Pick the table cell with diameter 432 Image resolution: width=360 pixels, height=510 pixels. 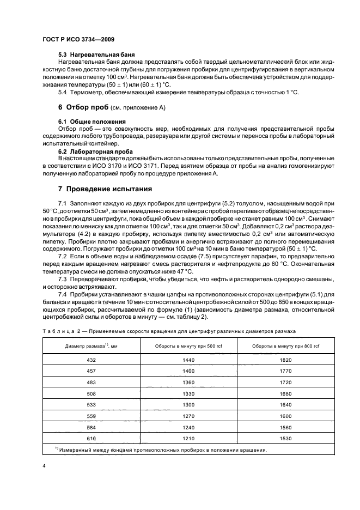(x=91, y=360)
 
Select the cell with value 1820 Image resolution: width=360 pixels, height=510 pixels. (x=285, y=360)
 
